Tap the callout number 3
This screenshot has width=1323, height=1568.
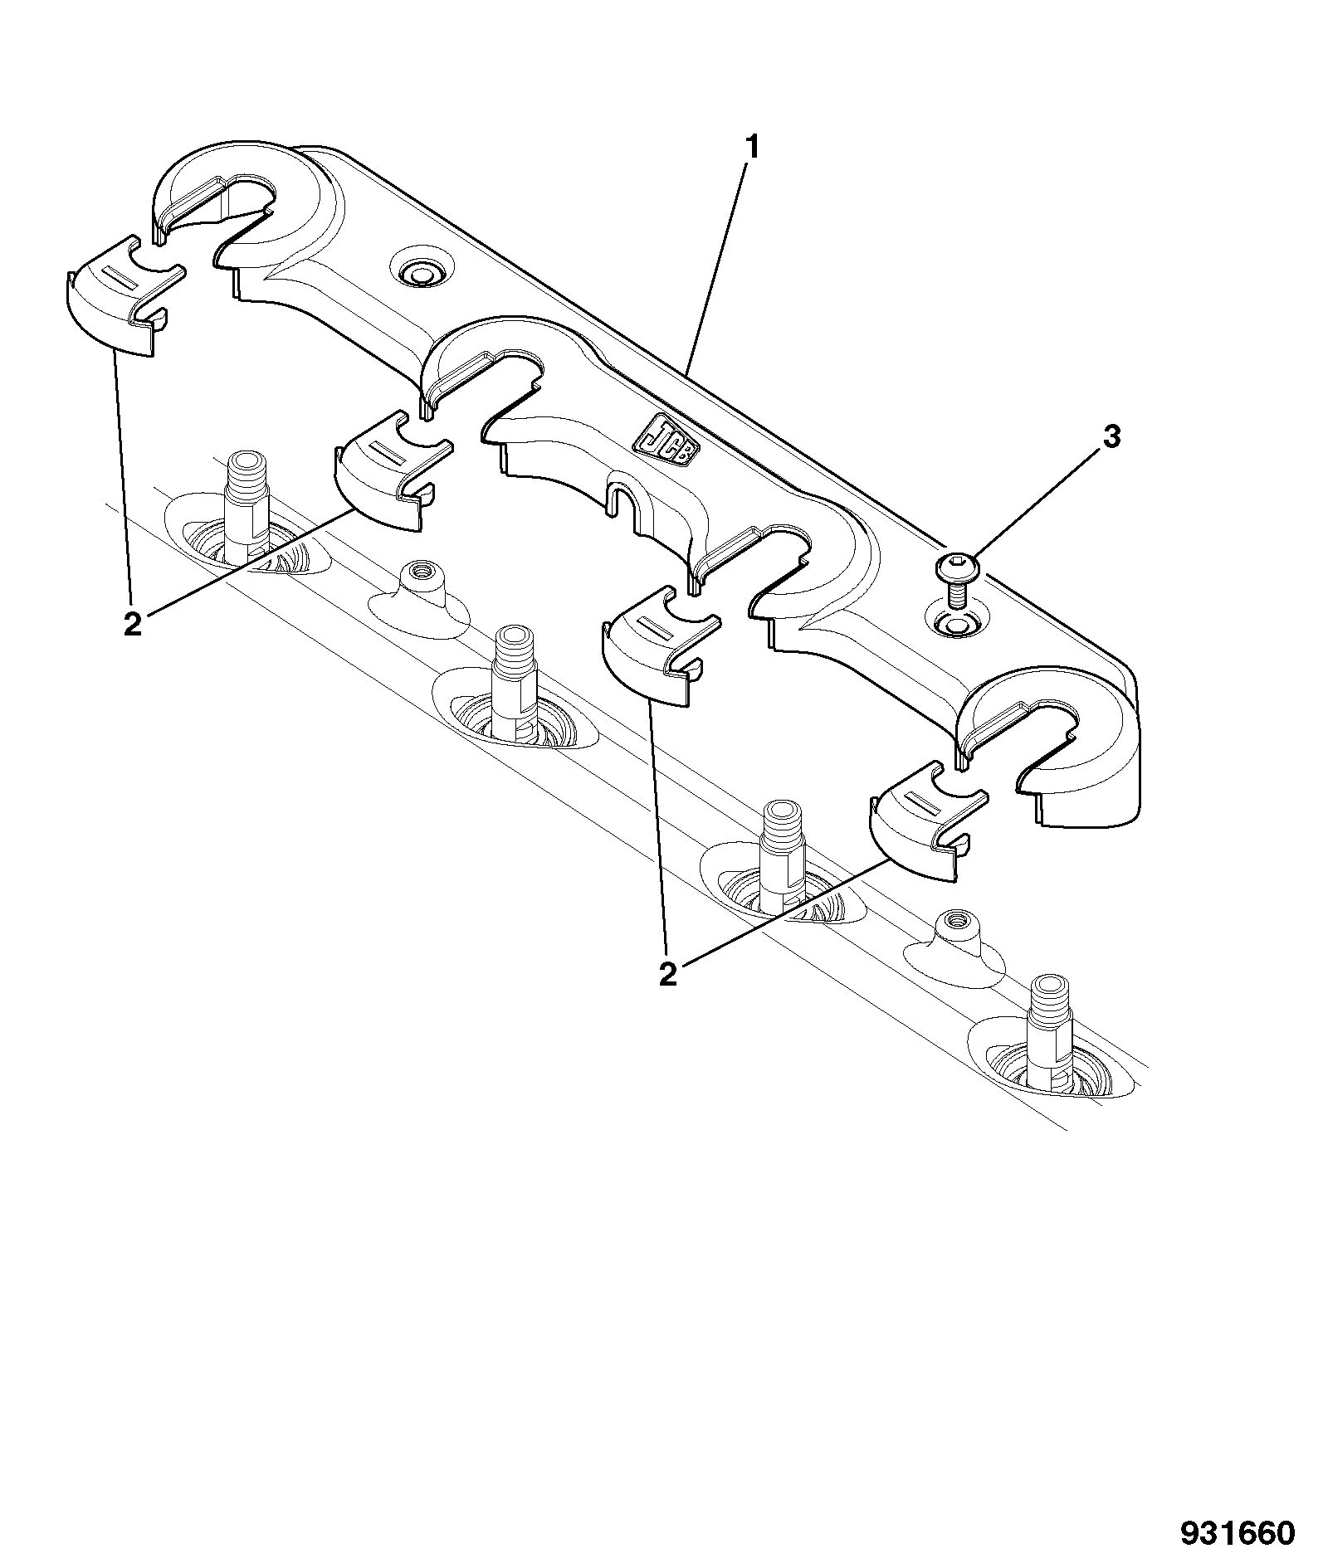(x=1110, y=436)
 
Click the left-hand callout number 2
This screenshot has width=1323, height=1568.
(x=133, y=623)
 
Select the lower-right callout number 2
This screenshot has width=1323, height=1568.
(x=668, y=974)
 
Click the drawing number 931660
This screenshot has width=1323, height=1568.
(x=1238, y=1533)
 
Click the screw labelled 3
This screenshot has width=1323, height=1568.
(x=957, y=578)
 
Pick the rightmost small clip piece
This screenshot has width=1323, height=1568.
(x=928, y=826)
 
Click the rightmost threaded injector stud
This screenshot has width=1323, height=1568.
(x=1052, y=1031)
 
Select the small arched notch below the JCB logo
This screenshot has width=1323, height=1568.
(x=627, y=504)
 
